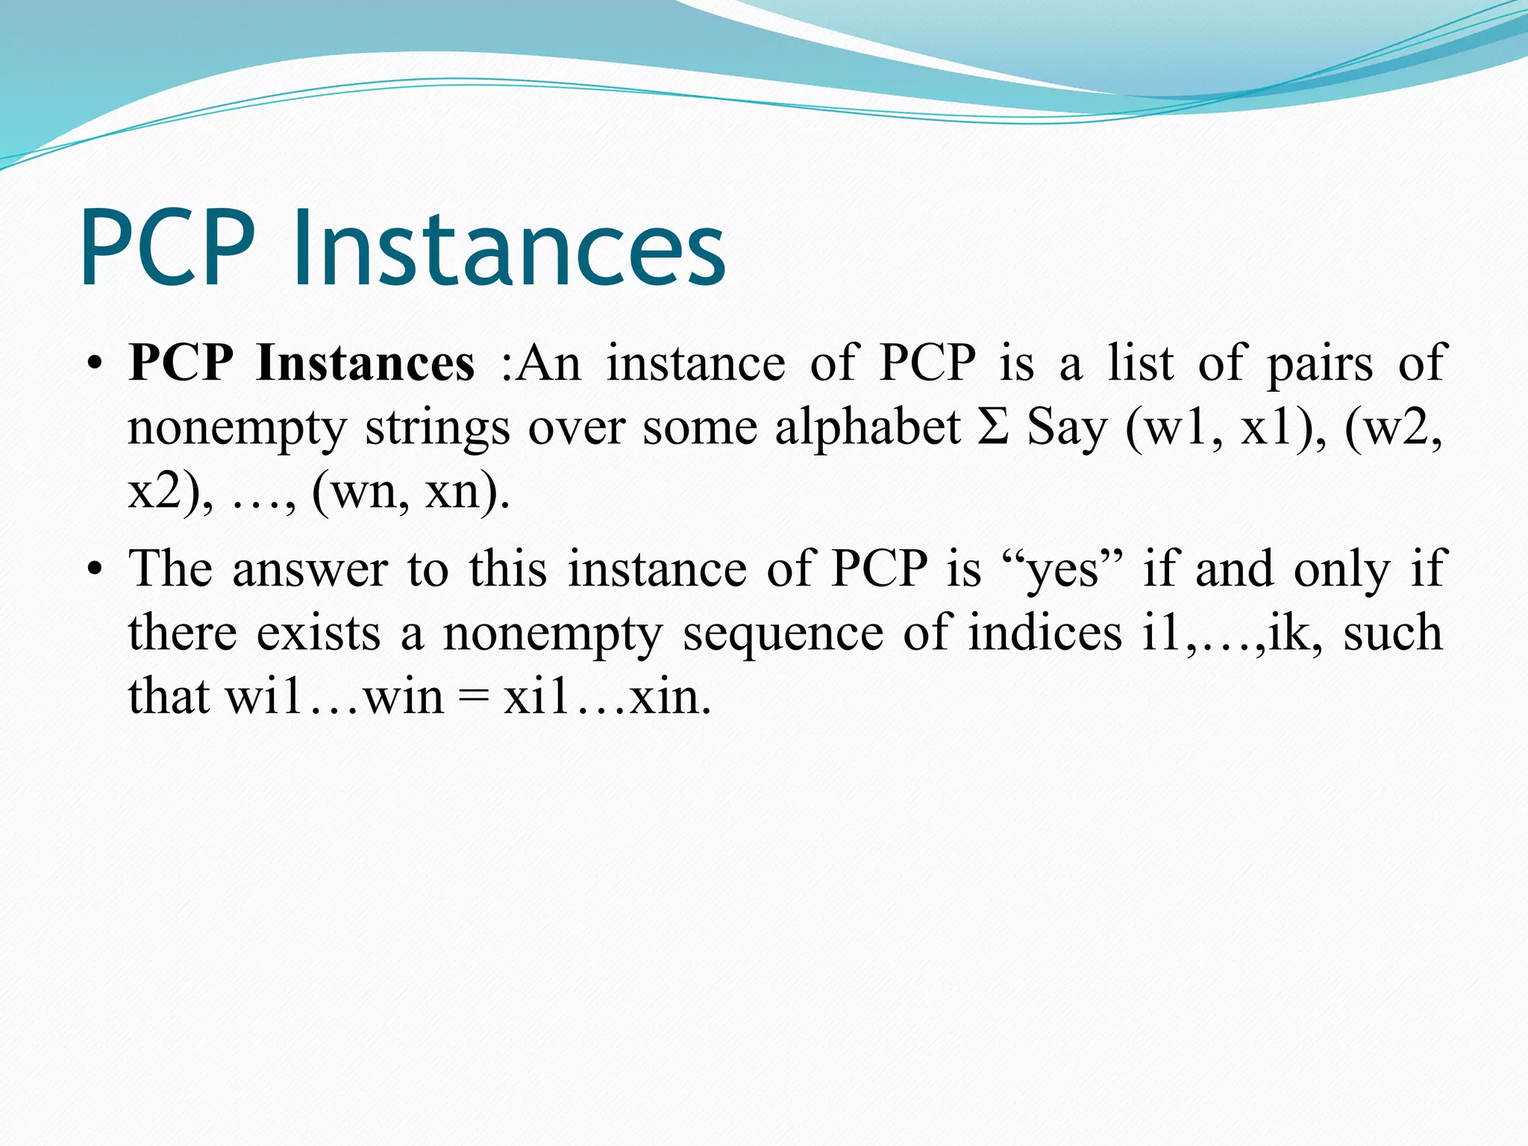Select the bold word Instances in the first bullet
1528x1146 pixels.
[x=365, y=363]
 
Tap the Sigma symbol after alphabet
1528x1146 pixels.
[x=993, y=428]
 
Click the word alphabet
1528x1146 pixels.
[x=868, y=428]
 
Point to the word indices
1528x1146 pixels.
[x=1045, y=633]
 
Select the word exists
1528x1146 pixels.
[x=319, y=633]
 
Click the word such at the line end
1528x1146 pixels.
[x=1393, y=633]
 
